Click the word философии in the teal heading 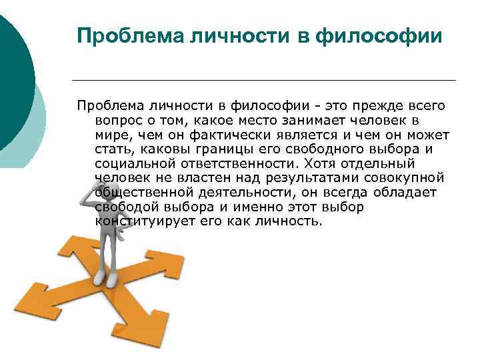(x=379, y=37)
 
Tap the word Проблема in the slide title (x=131, y=36)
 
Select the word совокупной (x=404, y=179)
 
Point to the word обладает (x=405, y=193)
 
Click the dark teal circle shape (x=15, y=83)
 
